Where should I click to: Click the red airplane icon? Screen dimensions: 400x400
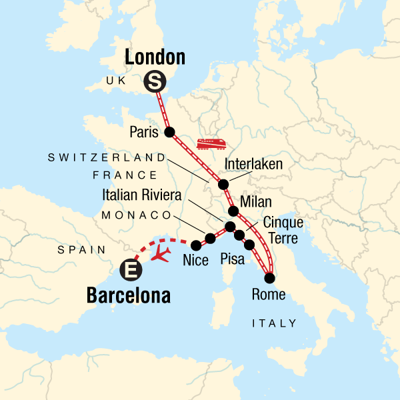(161, 253)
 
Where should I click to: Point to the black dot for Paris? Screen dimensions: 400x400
(169, 132)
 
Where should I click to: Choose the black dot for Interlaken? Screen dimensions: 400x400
(223, 185)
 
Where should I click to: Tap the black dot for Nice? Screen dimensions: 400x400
(197, 245)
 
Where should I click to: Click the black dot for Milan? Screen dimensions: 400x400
(233, 211)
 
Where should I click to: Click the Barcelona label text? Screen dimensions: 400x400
(128, 295)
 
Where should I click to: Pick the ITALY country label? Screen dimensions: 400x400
(274, 323)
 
